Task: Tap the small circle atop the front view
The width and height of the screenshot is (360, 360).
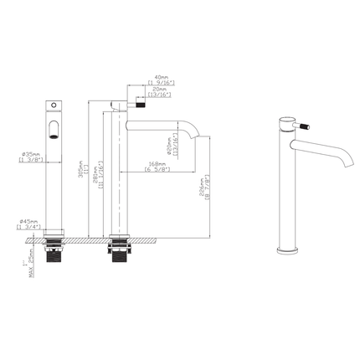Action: (53, 105)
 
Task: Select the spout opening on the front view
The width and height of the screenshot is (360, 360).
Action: (54, 127)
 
